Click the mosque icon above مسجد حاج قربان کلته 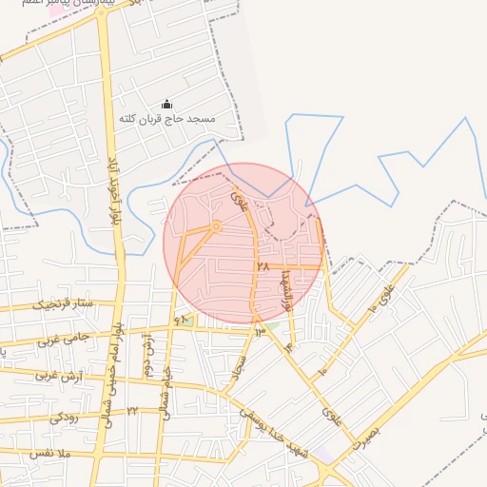pyautogui.click(x=167, y=105)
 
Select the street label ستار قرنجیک pyautogui.click(x=64, y=304)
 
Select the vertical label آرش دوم pyautogui.click(x=149, y=357)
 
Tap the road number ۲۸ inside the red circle pyautogui.click(x=263, y=267)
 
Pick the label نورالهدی pyautogui.click(x=283, y=288)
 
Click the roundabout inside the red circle pyautogui.click(x=217, y=226)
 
